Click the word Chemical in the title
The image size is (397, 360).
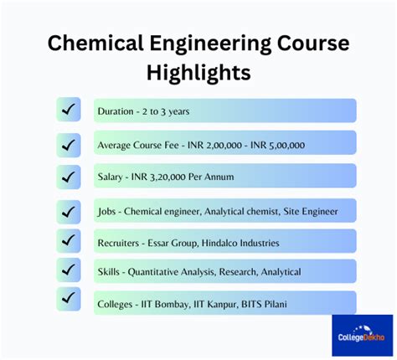click(93, 43)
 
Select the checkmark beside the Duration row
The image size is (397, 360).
click(69, 110)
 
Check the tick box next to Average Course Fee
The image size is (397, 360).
click(69, 144)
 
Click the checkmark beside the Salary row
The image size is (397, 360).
click(69, 176)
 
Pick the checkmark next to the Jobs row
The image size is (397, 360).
click(69, 210)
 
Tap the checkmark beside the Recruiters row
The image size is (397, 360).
click(69, 241)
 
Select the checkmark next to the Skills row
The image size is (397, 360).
click(69, 270)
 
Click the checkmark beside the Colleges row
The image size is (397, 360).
click(69, 300)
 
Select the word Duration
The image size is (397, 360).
click(115, 111)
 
